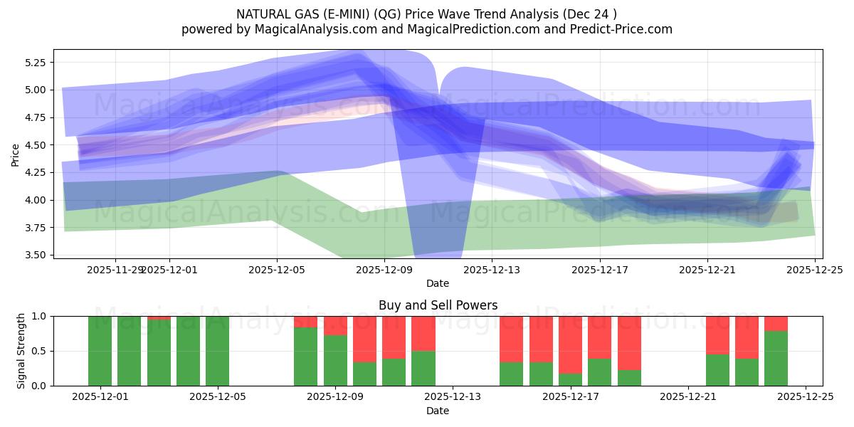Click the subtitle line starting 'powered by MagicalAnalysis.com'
click(427, 29)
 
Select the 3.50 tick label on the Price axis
click(35, 255)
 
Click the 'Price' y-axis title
click(15, 154)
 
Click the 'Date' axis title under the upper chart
click(437, 283)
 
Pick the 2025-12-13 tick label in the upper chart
click(492, 270)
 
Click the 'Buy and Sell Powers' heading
click(437, 306)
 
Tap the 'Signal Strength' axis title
click(21, 351)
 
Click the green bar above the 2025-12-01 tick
click(100, 351)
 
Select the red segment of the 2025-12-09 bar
click(335, 325)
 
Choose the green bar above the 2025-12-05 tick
click(217, 351)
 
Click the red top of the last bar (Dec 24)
click(776, 323)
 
